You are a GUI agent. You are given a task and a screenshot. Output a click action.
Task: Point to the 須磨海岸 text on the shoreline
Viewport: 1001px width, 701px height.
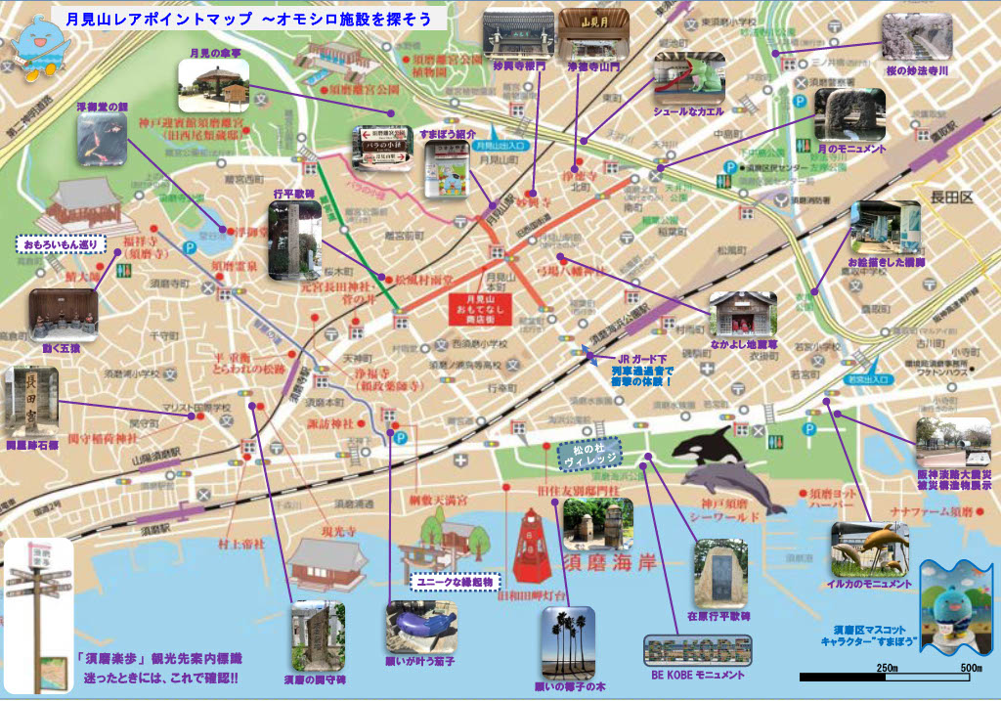(x=612, y=564)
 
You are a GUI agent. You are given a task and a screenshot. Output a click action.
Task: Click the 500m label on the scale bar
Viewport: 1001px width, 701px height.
(x=971, y=666)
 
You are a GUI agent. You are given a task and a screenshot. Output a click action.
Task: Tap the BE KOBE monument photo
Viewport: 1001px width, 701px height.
(x=698, y=649)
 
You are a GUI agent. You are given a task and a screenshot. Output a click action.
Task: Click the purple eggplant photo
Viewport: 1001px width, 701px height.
(x=421, y=622)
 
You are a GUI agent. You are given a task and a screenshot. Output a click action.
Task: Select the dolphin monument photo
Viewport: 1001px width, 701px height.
(x=869, y=548)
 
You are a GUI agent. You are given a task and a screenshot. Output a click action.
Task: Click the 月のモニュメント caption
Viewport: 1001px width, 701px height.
(x=852, y=149)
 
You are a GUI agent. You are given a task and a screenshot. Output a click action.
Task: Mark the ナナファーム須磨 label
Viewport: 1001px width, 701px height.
(x=930, y=512)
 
